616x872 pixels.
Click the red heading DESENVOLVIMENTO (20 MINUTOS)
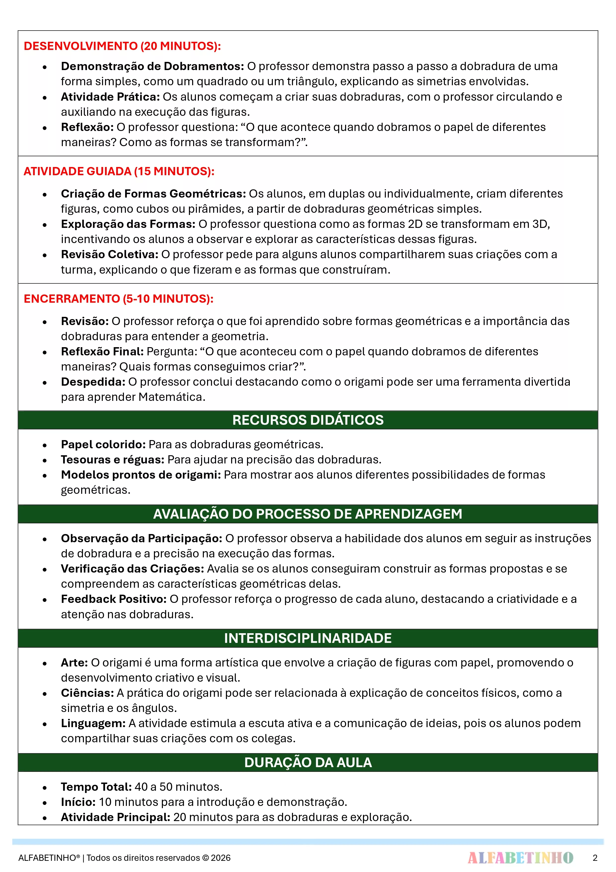[x=122, y=46]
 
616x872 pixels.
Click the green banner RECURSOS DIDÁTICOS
[x=308, y=420]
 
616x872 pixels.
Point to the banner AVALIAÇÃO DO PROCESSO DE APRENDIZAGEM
[x=308, y=514]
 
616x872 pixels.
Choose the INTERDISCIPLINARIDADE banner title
[x=308, y=638]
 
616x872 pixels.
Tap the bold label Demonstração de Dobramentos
[x=152, y=66]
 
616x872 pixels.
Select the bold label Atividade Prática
[x=110, y=97]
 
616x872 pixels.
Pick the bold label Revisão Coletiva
[x=109, y=254]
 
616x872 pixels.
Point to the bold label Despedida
[x=93, y=382]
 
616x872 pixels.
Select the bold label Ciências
[x=87, y=693]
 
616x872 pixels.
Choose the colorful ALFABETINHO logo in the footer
[x=520, y=858]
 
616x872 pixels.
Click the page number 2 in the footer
[x=595, y=858]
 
